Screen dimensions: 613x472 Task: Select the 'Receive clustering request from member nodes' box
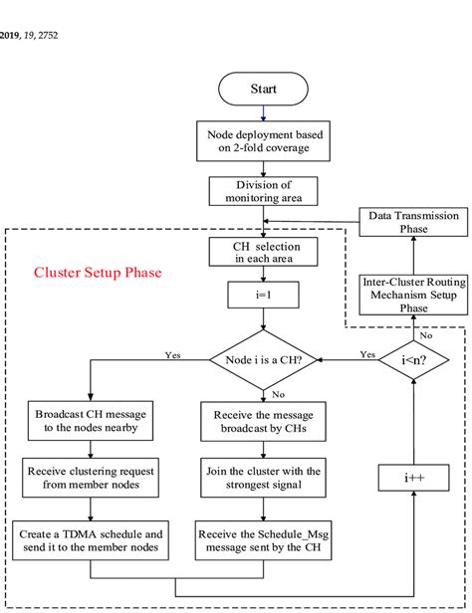tap(91, 478)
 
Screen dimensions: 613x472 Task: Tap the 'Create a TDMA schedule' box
tap(91, 540)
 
